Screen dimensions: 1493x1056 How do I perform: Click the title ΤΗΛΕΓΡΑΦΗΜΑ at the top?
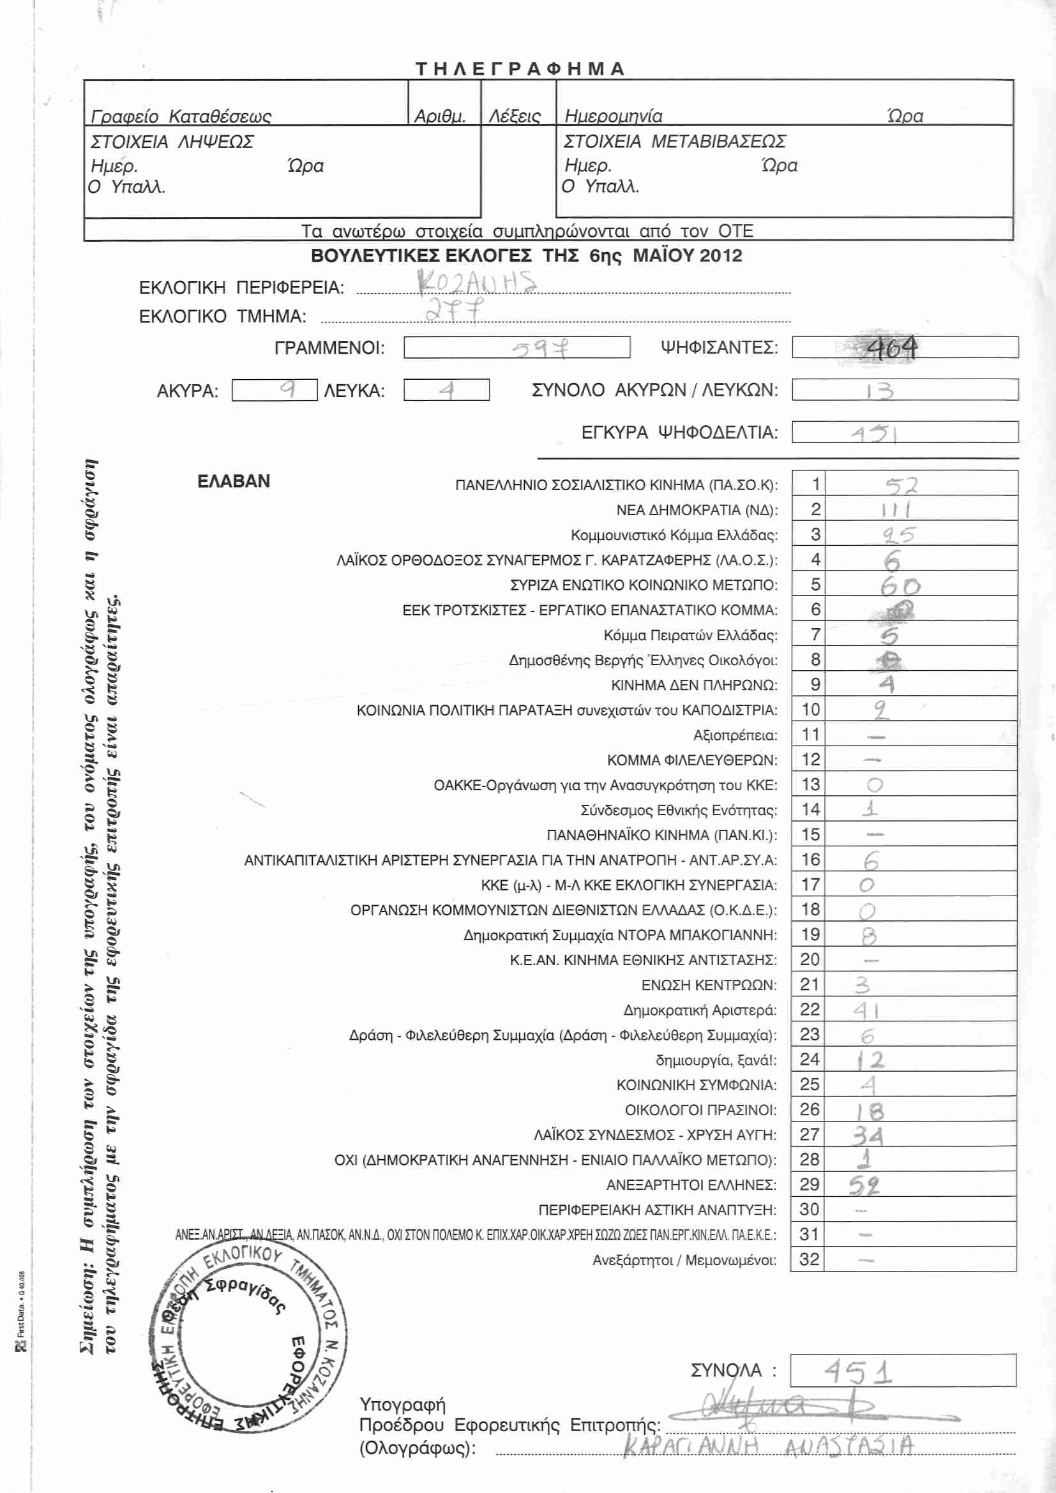click(520, 69)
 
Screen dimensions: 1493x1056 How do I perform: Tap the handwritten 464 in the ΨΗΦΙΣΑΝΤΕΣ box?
click(891, 349)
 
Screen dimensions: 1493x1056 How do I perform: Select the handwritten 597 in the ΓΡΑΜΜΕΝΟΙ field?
click(539, 349)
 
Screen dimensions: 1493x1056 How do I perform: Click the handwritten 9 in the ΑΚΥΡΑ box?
click(287, 389)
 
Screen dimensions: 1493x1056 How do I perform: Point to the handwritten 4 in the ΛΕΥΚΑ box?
click(446, 390)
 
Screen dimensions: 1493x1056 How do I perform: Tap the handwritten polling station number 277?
click(455, 310)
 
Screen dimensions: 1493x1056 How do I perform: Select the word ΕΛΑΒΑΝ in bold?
click(234, 481)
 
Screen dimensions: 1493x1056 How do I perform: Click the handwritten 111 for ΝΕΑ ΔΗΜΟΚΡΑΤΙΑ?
click(895, 510)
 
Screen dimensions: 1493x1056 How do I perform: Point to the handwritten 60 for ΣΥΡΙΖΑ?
click(900, 587)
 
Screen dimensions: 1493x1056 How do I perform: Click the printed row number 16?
click(810, 860)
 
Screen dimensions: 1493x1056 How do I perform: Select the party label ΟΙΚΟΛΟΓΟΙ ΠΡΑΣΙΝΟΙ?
click(700, 1110)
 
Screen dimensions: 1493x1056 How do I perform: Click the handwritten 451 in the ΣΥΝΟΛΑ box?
click(858, 1373)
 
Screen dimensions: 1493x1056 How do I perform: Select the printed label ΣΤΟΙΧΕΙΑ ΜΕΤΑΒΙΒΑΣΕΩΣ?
click(674, 141)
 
